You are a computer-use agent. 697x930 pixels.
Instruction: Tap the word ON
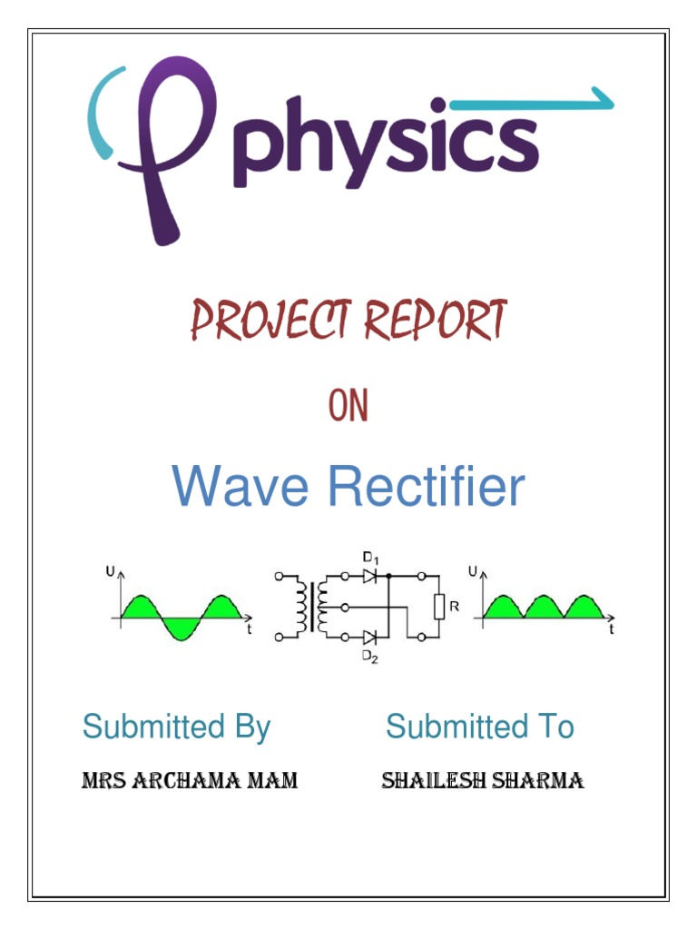click(x=348, y=405)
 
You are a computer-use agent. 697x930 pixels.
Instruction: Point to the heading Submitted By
click(x=177, y=727)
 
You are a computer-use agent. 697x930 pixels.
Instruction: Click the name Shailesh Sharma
click(x=483, y=780)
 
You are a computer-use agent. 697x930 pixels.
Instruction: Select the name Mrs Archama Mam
click(x=190, y=780)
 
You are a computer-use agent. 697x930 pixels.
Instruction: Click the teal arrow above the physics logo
click(x=532, y=102)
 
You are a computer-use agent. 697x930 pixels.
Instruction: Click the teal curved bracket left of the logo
click(x=101, y=113)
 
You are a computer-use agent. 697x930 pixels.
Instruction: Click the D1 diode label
click(x=371, y=559)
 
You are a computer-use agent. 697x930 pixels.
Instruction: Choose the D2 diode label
click(x=370, y=658)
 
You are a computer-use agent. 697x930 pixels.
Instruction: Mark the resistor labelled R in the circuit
click(x=439, y=607)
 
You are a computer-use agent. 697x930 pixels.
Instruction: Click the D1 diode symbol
click(x=369, y=576)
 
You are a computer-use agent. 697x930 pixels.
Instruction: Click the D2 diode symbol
click(x=369, y=638)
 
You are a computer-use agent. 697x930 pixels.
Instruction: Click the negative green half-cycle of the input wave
click(x=181, y=628)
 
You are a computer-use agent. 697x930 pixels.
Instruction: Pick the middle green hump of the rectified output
click(x=544, y=607)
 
